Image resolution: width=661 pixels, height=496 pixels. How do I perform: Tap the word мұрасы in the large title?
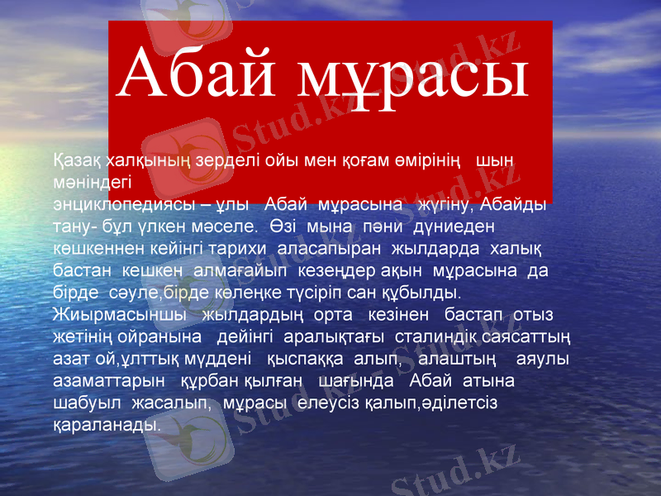[412, 76]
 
